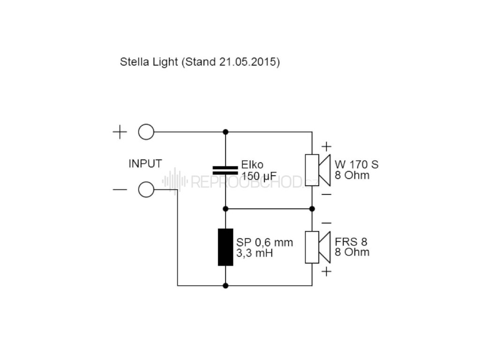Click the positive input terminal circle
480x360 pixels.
click(146, 132)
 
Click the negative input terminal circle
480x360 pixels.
click(146, 190)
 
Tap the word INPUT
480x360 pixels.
click(145, 164)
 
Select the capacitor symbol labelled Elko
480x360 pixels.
click(225, 170)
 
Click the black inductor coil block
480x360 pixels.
click(225, 247)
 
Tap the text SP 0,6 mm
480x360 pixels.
click(264, 242)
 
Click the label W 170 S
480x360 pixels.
click(357, 165)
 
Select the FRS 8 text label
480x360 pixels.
click(351, 242)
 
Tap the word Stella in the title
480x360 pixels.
click(133, 62)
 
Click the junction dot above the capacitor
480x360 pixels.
click(225, 132)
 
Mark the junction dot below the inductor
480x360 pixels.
click(225, 285)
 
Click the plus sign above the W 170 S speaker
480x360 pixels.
click(327, 146)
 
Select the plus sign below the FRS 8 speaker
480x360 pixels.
click(327, 271)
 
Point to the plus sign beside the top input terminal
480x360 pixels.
click(120, 132)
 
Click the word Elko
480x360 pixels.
click(252, 165)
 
